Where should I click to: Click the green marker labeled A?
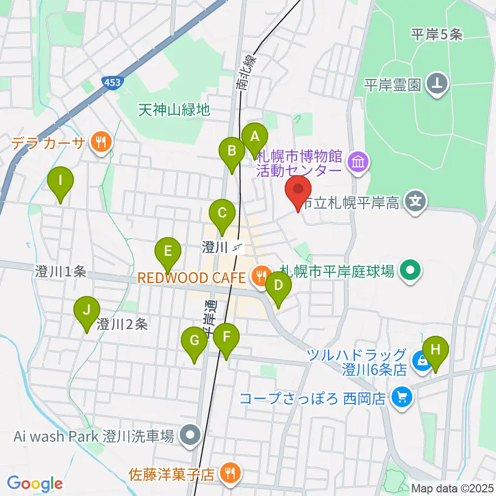(x=254, y=137)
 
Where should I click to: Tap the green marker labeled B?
(x=232, y=151)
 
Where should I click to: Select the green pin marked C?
(x=222, y=212)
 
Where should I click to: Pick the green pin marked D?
(x=278, y=285)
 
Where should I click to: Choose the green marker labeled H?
(x=436, y=350)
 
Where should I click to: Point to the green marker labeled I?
(x=60, y=181)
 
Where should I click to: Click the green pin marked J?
(x=87, y=311)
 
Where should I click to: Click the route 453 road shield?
(x=112, y=83)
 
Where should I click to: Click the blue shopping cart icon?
(x=401, y=397)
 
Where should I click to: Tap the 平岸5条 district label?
(x=436, y=35)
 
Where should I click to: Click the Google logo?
(x=35, y=484)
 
